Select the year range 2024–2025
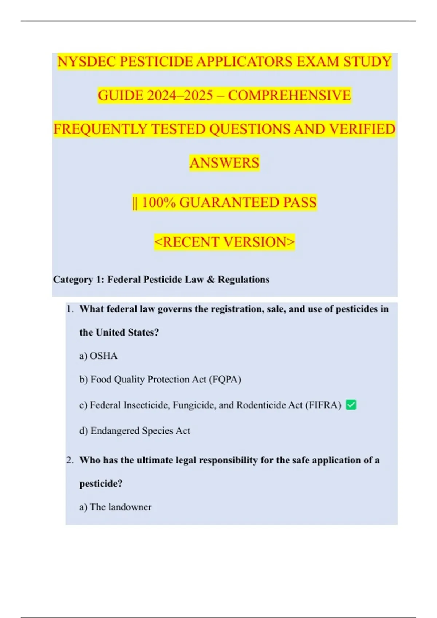click(x=180, y=95)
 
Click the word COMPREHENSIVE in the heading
click(x=290, y=95)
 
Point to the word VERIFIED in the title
click(x=362, y=129)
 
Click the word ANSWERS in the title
click(x=224, y=163)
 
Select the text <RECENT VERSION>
click(x=224, y=242)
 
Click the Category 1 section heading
click(x=161, y=280)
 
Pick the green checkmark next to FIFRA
click(x=351, y=405)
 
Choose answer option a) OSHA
click(x=98, y=356)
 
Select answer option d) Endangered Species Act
click(x=135, y=431)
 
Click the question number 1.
click(x=70, y=309)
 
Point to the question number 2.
click(x=70, y=460)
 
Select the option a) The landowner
click(x=115, y=507)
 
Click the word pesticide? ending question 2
click(x=101, y=483)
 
